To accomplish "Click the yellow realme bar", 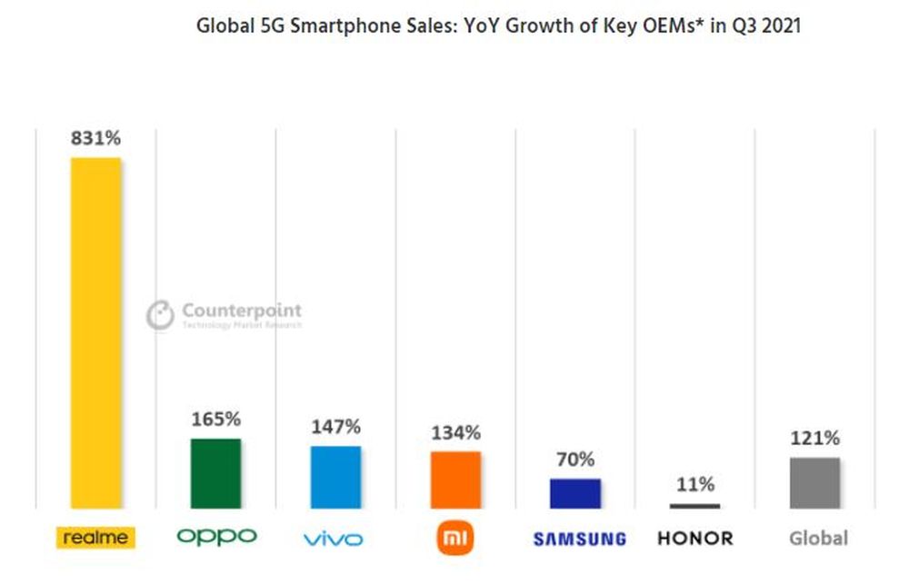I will click(x=95, y=332).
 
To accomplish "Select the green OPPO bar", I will click(x=215, y=473).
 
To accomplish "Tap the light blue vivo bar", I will click(x=335, y=477).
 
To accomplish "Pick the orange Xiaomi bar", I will click(x=455, y=480).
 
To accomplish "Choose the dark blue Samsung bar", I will click(x=575, y=493).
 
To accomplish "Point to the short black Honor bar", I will click(x=695, y=506).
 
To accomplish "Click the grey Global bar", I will click(x=814, y=482).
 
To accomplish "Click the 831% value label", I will click(x=95, y=138).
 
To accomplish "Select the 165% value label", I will click(x=215, y=420).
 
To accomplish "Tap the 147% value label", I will click(x=335, y=426).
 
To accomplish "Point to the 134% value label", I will click(x=455, y=432).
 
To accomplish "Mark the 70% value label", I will click(x=575, y=460).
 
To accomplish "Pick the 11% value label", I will click(x=695, y=485).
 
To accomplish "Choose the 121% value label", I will click(x=814, y=439).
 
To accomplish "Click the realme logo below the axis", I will click(x=95, y=538).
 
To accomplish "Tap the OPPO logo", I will click(x=216, y=537).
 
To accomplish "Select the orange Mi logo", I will click(x=454, y=539).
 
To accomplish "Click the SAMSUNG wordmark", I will click(x=579, y=539).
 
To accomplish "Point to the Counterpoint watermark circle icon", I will click(x=160, y=314).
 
